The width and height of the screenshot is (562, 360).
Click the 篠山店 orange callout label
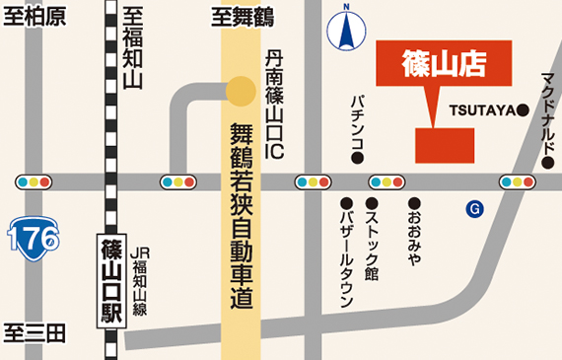pos(445,62)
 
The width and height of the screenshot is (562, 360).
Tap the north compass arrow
pos(346,28)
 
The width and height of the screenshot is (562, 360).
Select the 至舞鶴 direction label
pos(242,17)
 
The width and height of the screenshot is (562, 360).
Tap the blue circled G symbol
pos(475,208)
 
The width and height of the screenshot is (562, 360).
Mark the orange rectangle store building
pos(445,145)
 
